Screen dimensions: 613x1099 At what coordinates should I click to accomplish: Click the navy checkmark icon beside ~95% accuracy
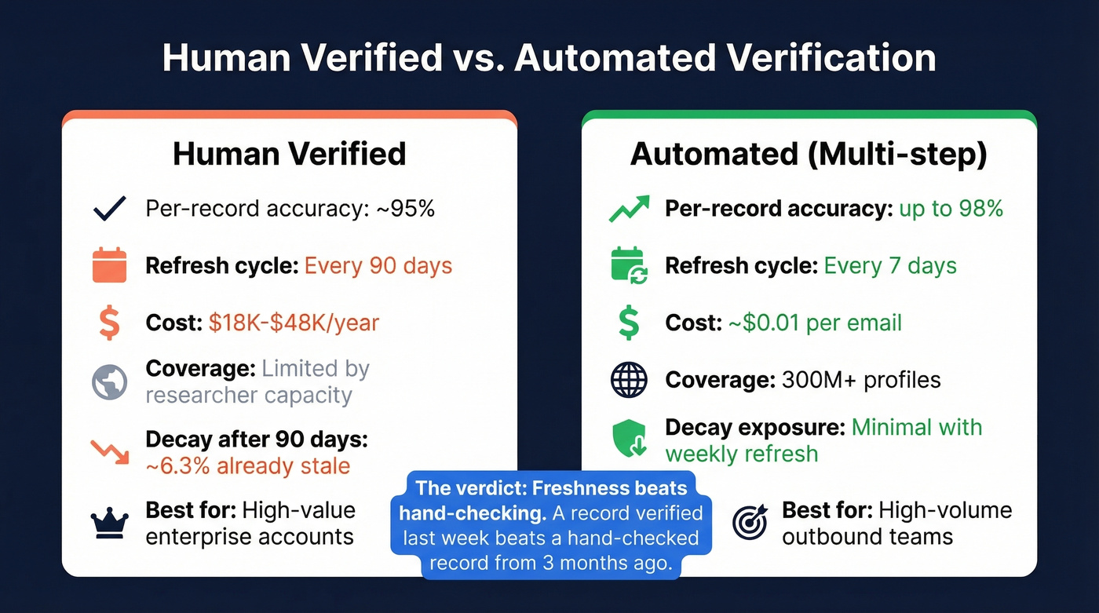[109, 208]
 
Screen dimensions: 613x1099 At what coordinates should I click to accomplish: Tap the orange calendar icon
[109, 265]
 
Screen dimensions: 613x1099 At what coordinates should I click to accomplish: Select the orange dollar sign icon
[109, 323]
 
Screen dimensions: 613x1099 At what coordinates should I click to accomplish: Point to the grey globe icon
[109, 381]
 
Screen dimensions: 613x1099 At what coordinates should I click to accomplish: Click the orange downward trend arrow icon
[109, 451]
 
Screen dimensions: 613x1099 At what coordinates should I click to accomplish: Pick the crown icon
[109, 522]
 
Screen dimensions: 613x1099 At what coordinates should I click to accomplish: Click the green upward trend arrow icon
[629, 208]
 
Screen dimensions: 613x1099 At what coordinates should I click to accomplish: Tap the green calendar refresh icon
[628, 265]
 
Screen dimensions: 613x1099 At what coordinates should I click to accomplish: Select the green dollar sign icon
[629, 323]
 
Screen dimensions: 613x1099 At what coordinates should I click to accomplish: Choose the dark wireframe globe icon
[629, 380]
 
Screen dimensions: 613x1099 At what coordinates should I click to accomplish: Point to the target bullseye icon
[749, 523]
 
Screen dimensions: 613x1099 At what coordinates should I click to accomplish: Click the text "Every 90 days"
[378, 265]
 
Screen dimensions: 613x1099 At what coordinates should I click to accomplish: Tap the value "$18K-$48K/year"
[294, 323]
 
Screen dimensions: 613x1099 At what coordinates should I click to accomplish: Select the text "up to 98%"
[951, 208]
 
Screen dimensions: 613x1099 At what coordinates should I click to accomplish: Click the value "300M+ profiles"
[861, 380]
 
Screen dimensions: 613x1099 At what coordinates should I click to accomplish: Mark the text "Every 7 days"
[889, 265]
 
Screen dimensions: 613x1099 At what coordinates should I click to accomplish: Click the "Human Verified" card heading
[289, 154]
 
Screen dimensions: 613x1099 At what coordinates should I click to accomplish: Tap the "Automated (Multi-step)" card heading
[809, 154]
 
